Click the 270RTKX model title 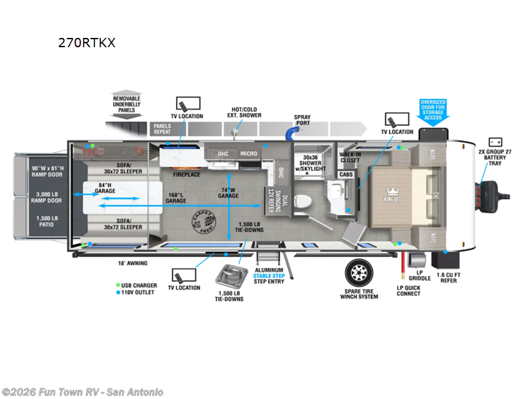(87, 43)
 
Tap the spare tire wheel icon (358, 271)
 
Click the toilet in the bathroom (303, 199)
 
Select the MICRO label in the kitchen (249, 154)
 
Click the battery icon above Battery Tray (495, 142)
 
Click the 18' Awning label (133, 263)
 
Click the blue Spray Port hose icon (291, 134)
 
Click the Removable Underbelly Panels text (126, 104)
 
